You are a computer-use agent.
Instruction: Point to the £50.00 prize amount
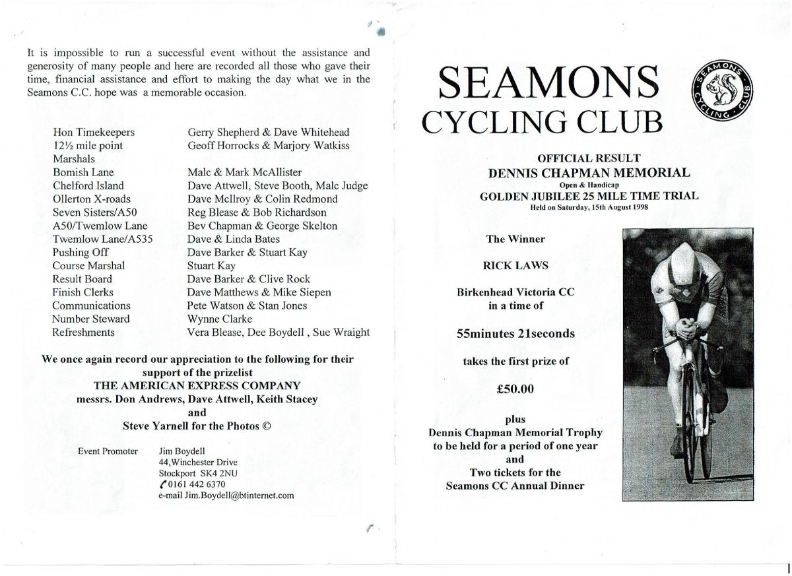515,389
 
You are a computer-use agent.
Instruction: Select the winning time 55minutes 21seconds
515,334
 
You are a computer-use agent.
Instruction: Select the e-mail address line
226,496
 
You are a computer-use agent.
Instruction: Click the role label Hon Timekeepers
94,133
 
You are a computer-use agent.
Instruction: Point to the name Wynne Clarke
220,319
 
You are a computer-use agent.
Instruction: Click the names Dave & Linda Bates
234,239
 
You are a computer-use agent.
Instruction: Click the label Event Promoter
108,451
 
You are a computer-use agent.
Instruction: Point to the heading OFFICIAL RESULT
589,158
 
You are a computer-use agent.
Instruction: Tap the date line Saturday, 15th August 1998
589,207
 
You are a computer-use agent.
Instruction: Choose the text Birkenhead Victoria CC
515,292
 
